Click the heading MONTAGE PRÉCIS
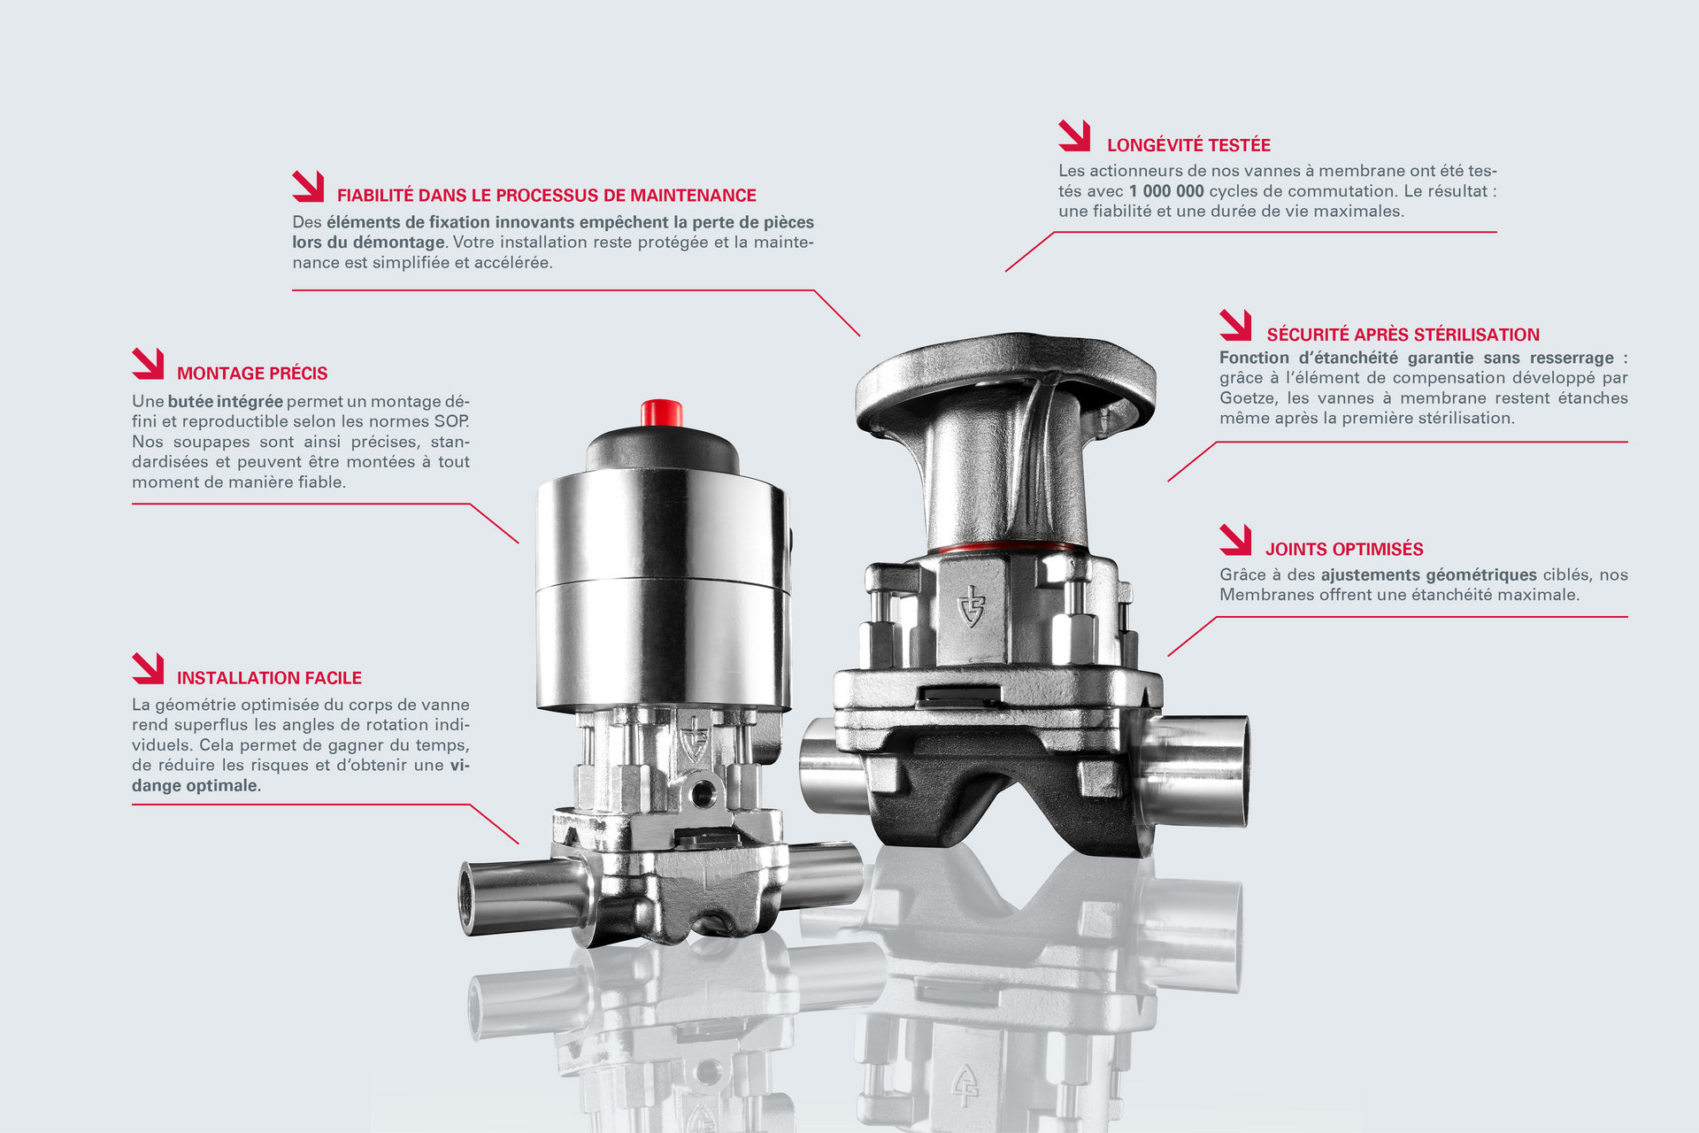point(252,374)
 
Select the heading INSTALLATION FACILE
point(269,678)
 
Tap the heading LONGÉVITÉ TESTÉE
point(1188,145)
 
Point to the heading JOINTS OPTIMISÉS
point(1344,550)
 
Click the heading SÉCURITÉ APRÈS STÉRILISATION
point(1403,335)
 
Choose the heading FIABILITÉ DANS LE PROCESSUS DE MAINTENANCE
point(547,196)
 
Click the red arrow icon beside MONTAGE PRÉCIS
point(148,364)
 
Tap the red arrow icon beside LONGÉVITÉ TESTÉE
point(1074,135)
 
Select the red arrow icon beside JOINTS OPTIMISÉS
point(1235,540)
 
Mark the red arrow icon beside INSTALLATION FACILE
point(148,668)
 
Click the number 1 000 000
point(1166,191)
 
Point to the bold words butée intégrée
point(226,402)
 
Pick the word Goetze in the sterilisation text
point(1248,398)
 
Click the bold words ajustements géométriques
point(1429,575)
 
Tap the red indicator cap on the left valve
point(661,412)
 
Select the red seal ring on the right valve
point(1007,546)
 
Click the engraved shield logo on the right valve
point(972,605)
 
